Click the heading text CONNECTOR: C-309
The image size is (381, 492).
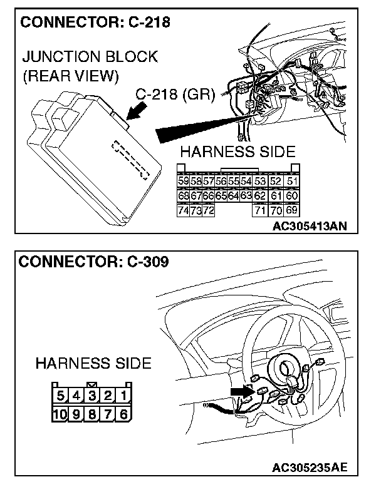[x=94, y=262]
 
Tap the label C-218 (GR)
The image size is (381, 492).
[x=175, y=95]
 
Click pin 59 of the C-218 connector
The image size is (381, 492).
[x=184, y=182]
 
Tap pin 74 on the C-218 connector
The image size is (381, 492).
[x=184, y=210]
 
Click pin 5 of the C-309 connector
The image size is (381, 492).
[x=61, y=396]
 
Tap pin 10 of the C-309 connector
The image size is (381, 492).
[x=61, y=413]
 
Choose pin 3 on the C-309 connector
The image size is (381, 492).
[x=92, y=396]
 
